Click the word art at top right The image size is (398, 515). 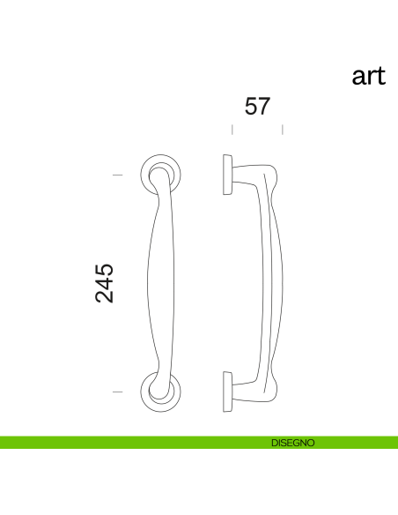368,77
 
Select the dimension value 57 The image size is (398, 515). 256,107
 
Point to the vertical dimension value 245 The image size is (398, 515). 105,282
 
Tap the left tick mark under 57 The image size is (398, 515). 232,130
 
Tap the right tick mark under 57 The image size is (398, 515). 282,130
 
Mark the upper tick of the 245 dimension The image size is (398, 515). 118,175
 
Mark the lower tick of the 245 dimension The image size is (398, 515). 118,390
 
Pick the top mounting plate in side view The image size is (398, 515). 227,175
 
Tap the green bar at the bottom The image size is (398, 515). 132,443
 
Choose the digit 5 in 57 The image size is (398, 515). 249,107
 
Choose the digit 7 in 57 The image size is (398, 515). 263,107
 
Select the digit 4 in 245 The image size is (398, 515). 105,282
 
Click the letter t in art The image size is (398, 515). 381,77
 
